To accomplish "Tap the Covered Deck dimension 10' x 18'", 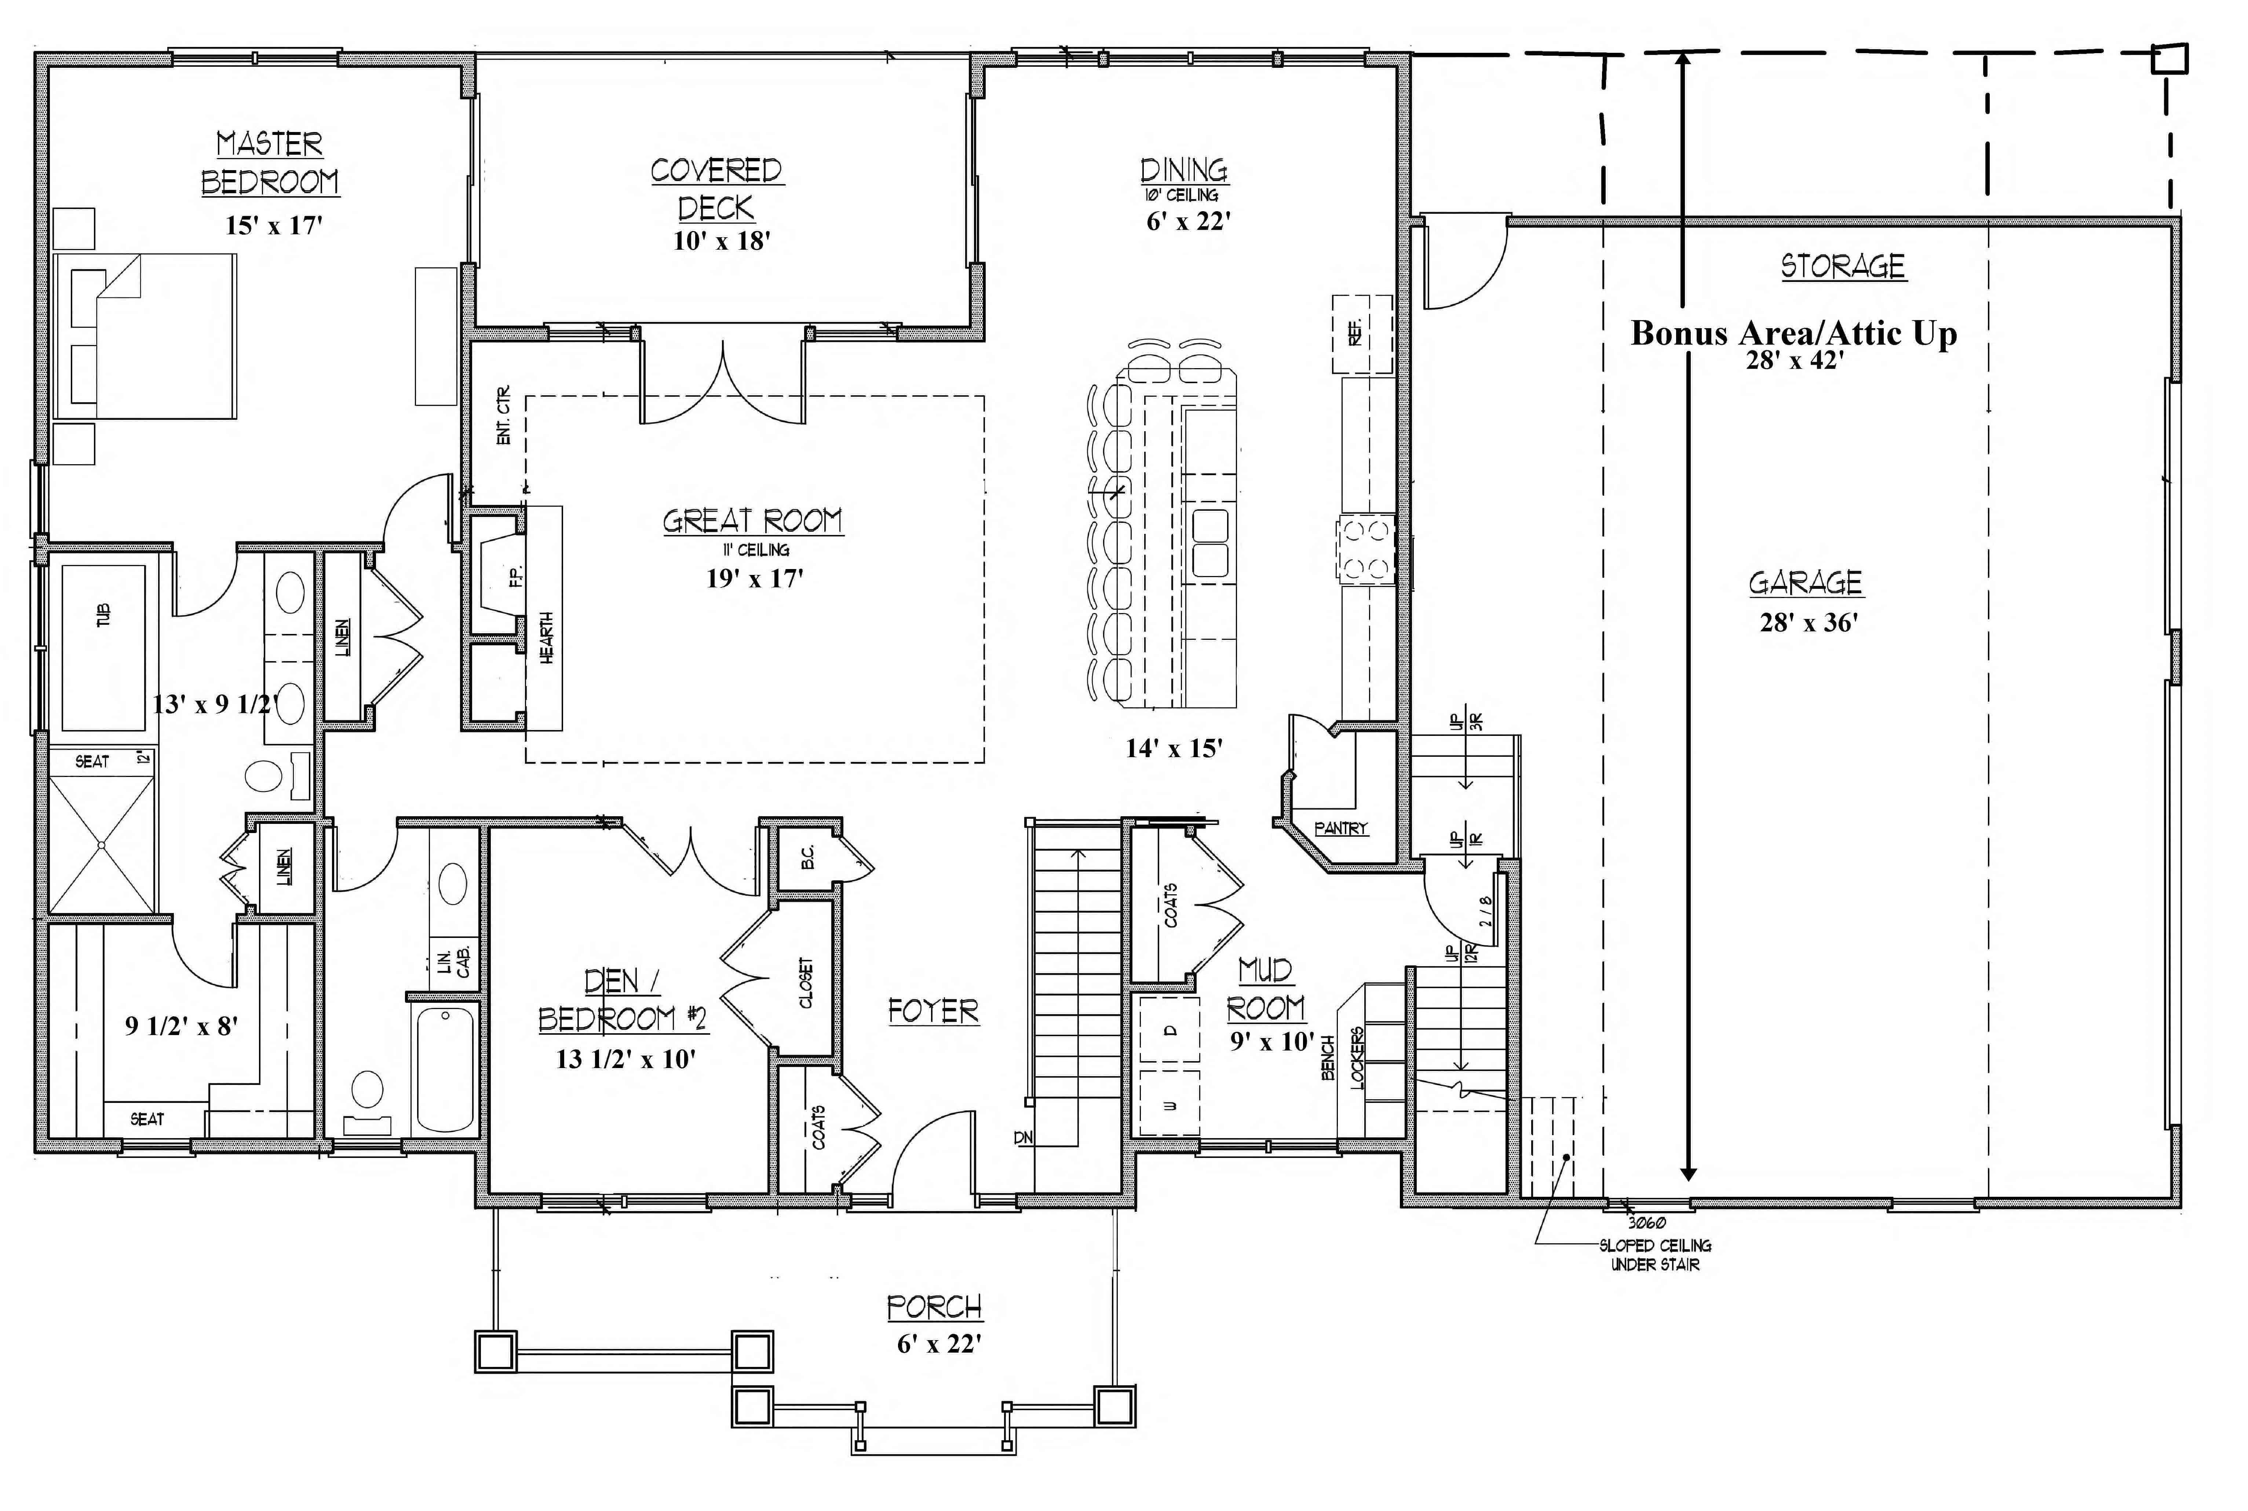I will pos(721,241).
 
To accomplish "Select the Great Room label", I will pos(752,521).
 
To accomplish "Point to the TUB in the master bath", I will pos(103,615).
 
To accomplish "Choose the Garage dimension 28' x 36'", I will pos(1809,623).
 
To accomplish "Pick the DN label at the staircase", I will pos(1023,1138).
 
